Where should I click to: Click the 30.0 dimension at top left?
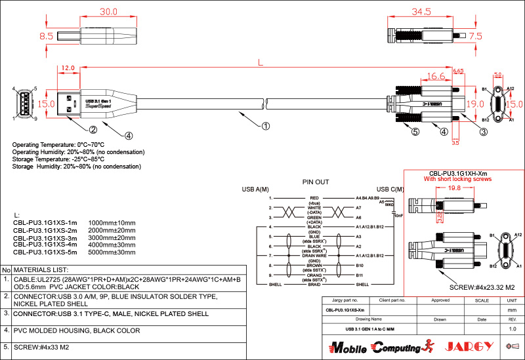pos(108,12)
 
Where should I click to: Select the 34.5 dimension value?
pos(421,12)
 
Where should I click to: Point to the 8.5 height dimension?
pos(46,37)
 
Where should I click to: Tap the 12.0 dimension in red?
pos(68,68)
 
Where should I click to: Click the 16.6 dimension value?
pos(436,77)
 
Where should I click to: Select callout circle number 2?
pos(93,129)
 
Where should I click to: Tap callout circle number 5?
pos(415,132)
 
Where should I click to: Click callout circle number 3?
pos(483,132)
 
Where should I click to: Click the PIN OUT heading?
pos(315,182)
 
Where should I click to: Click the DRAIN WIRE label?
pos(314,254)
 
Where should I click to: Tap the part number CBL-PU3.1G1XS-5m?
pos(45,251)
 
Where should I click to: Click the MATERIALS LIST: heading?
pos(41,270)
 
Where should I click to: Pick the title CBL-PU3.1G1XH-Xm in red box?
pos(458,172)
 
